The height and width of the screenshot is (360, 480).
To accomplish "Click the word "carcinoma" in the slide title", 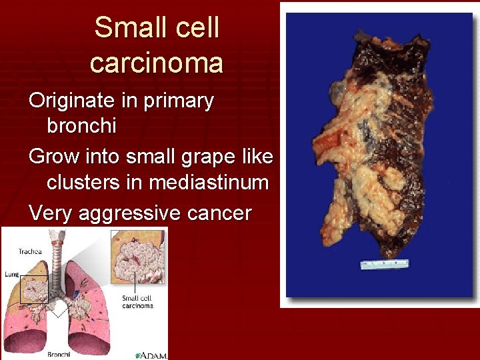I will point(157,63).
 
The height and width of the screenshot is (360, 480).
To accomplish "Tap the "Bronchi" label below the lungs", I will point(59,355).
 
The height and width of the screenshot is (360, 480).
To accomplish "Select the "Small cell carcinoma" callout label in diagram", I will point(137,302).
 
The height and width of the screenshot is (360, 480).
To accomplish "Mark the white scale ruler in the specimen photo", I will point(385,264).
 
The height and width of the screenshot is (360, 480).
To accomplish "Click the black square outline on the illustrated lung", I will point(34,290).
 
